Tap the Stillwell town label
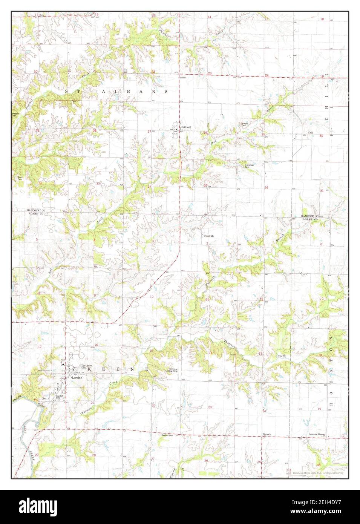point(186,127)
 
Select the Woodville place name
point(209,236)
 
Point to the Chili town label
point(311,133)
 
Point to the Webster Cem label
point(15,114)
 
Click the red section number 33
point(98,184)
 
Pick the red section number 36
point(266,187)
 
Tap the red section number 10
point(152,297)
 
